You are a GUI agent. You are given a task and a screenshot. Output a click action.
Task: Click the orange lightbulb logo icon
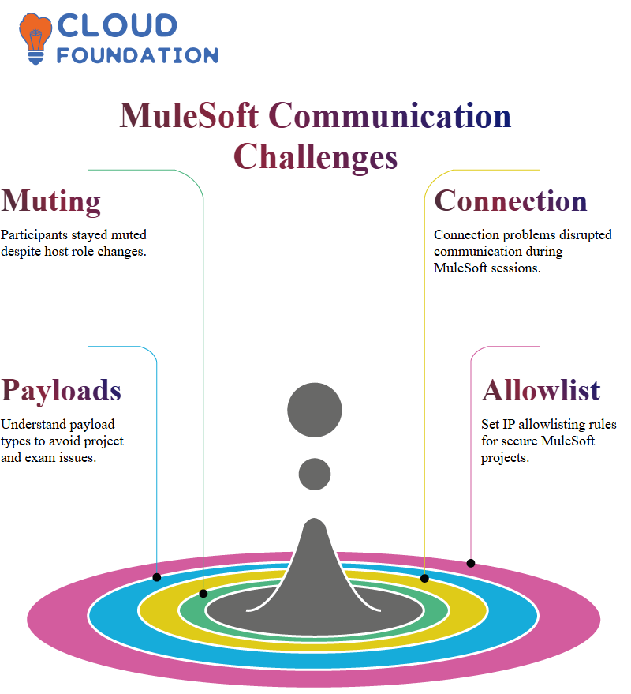click(x=35, y=39)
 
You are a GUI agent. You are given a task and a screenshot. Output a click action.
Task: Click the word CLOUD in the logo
click(x=118, y=26)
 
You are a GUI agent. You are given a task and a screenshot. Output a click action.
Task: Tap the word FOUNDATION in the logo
click(x=137, y=55)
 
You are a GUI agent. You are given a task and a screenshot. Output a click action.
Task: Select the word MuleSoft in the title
click(x=189, y=115)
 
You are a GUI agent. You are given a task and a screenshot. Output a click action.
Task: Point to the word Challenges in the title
click(x=315, y=158)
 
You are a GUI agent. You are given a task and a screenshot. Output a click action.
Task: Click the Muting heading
click(x=50, y=202)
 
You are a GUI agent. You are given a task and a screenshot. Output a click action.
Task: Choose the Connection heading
click(x=511, y=201)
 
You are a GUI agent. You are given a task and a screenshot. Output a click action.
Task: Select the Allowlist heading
click(x=541, y=390)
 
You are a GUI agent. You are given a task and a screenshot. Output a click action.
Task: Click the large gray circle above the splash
click(x=315, y=410)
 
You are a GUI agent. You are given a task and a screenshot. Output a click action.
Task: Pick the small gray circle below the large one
click(x=315, y=474)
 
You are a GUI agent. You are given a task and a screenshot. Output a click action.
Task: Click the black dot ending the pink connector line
click(x=471, y=563)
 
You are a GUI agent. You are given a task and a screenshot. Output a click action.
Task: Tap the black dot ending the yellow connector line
click(x=424, y=578)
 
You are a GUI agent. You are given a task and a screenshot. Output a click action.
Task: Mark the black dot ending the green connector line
click(x=203, y=594)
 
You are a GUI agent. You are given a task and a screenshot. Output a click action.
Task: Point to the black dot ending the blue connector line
click(x=156, y=577)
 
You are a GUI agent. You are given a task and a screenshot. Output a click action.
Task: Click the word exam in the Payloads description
click(x=39, y=457)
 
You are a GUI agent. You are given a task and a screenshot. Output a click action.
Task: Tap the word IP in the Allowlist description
click(x=509, y=424)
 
